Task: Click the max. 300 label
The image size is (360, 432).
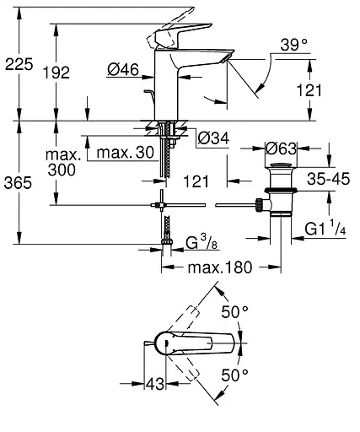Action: tap(65, 163)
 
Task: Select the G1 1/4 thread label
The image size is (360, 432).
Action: tap(325, 227)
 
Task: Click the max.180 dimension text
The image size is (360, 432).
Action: tap(221, 267)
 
